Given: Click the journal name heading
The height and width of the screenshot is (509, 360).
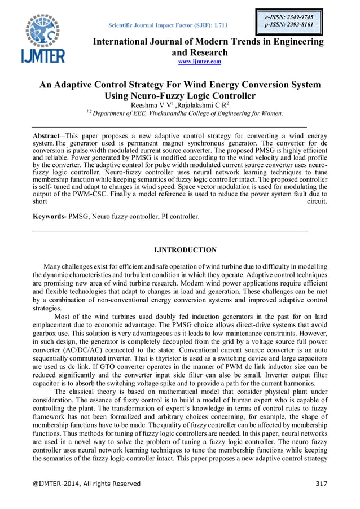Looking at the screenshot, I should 208,47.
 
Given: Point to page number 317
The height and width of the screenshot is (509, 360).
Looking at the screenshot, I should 320,484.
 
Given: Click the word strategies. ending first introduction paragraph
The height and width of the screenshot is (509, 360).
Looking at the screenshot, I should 47,309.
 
